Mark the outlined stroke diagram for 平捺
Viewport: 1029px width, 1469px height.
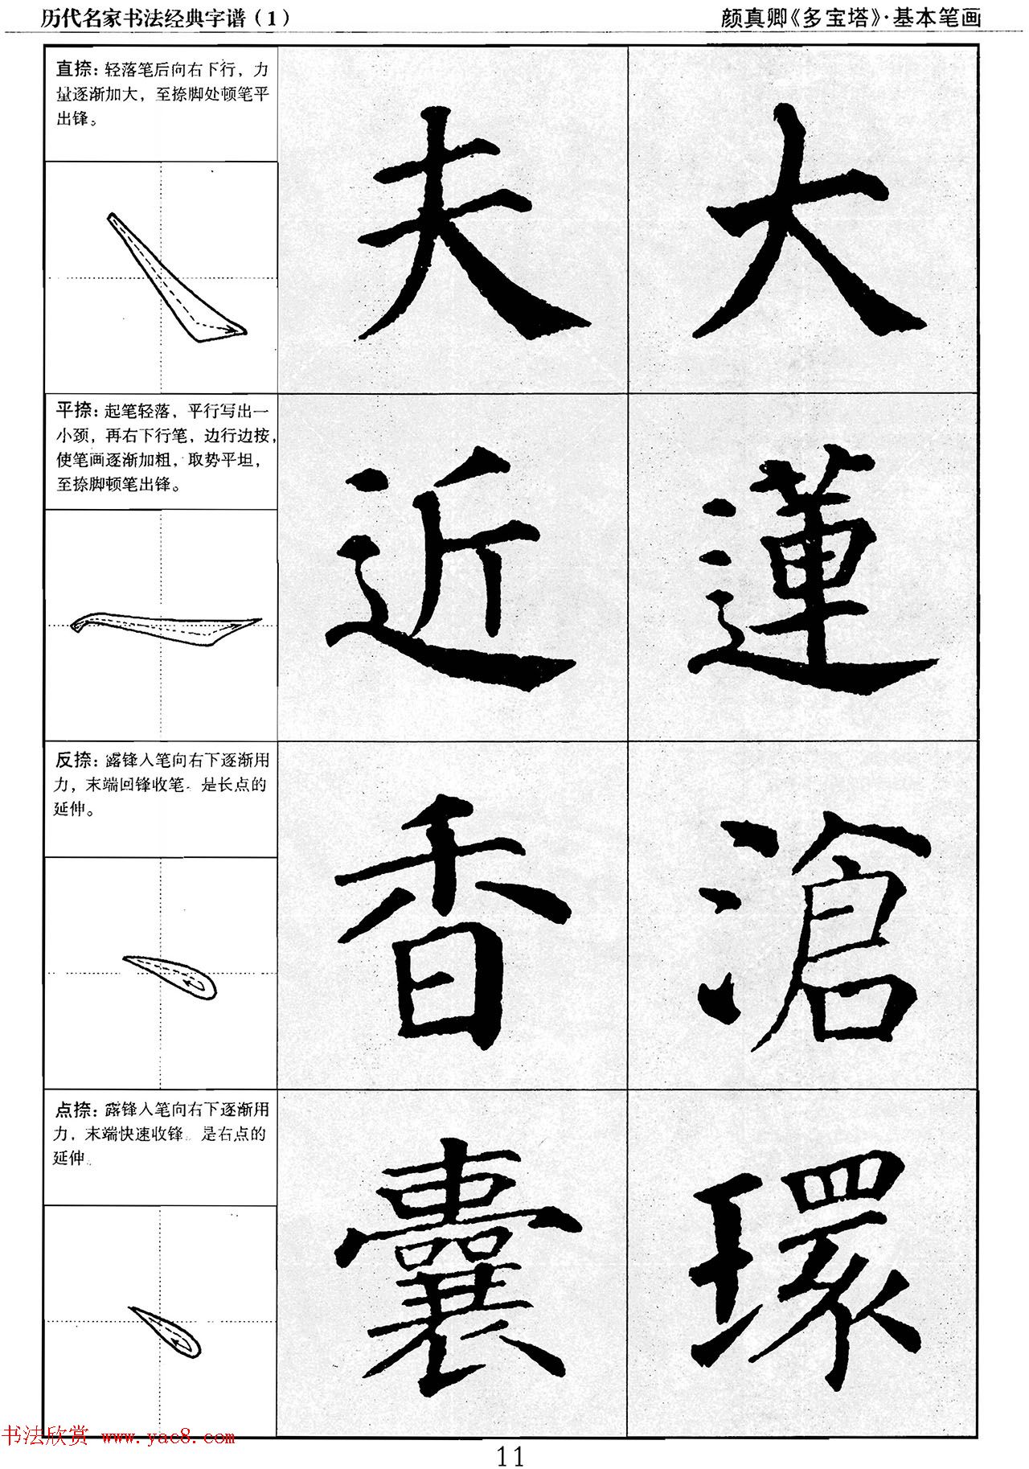(165, 626)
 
